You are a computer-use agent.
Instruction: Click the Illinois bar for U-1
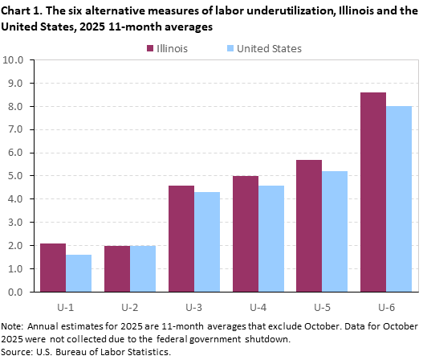[53, 267]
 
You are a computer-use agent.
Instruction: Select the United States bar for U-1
[79, 273]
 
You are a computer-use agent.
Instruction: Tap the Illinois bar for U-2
[117, 268]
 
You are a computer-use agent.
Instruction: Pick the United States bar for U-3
[207, 242]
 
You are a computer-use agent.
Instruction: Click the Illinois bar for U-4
[246, 234]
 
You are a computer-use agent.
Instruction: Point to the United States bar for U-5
[336, 231]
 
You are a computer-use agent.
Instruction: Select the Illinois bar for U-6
[373, 192]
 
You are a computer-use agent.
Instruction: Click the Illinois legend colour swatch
[150, 48]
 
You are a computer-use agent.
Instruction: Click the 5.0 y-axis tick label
[17, 176]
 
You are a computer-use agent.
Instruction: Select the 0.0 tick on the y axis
[17, 292]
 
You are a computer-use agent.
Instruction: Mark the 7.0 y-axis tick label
[17, 129]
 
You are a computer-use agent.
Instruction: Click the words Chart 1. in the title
[24, 10]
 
